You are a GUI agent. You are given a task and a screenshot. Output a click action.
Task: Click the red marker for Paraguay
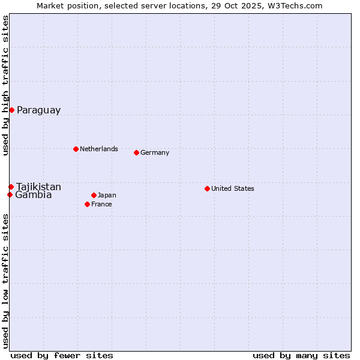tap(11, 110)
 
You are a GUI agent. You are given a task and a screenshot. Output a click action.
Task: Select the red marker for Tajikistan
tap(11, 187)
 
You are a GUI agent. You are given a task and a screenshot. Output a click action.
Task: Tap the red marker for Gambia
tap(10, 194)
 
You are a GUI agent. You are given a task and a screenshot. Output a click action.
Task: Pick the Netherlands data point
tap(76, 149)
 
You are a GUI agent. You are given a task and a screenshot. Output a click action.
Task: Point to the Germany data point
tap(136, 152)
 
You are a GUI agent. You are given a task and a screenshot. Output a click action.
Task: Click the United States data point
tap(207, 188)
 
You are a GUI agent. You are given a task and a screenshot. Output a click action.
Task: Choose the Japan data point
tap(94, 195)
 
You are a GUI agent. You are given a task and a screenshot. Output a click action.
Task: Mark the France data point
tap(87, 204)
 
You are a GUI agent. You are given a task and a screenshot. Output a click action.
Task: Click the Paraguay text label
tap(38, 110)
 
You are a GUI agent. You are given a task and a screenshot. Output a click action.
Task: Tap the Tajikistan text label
tap(38, 187)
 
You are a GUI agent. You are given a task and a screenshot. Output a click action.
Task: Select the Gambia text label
tap(34, 195)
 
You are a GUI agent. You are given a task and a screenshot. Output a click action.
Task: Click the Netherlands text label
tap(99, 149)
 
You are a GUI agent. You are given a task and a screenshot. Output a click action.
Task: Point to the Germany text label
tap(155, 152)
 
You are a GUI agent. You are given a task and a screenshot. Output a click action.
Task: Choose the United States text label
tap(233, 188)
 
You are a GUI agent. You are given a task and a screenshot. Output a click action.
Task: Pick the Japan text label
tap(107, 195)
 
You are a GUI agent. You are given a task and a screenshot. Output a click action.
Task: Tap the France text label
tap(101, 204)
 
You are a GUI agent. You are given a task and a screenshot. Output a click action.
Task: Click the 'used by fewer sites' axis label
tap(62, 355)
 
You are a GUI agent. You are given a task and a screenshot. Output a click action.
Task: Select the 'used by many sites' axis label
tap(301, 355)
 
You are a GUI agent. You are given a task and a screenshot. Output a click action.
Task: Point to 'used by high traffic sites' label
tap(6, 85)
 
